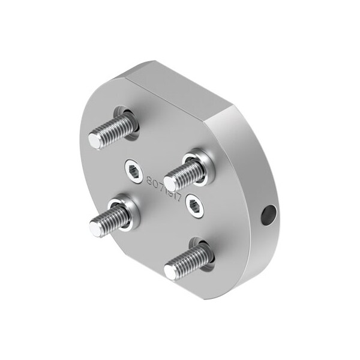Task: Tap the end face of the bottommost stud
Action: click(171, 271)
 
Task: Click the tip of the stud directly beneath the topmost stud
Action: click(96, 226)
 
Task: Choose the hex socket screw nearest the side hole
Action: click(194, 206)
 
